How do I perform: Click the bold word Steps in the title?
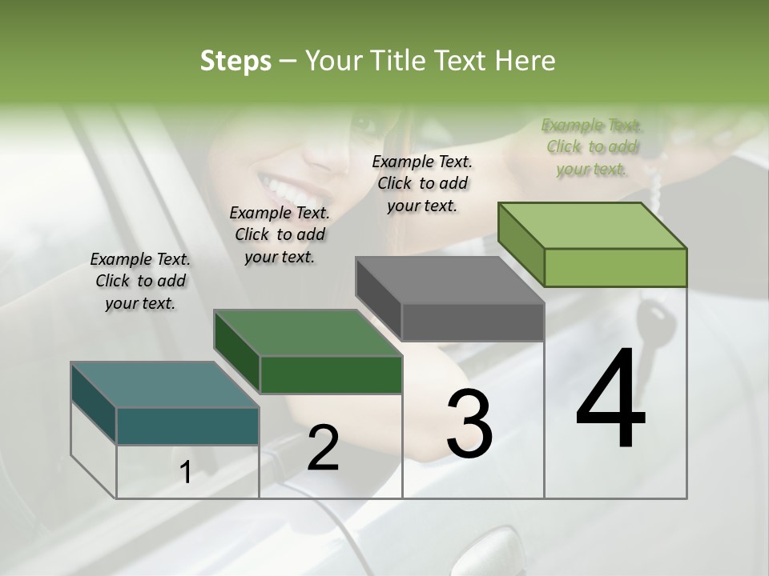pos(236,61)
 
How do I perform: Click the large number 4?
pos(610,400)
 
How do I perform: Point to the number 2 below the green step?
pos(323,448)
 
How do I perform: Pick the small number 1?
pos(186,473)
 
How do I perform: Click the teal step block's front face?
pos(187,426)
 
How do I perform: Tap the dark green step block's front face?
pos(331,374)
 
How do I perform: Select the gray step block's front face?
pos(473,322)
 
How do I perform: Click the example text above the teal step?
pos(140,281)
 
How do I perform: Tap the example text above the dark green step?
pos(280,234)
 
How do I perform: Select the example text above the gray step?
pos(422,183)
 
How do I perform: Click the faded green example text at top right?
pos(591,146)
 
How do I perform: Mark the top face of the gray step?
pos(449,281)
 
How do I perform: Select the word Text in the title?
pos(462,61)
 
